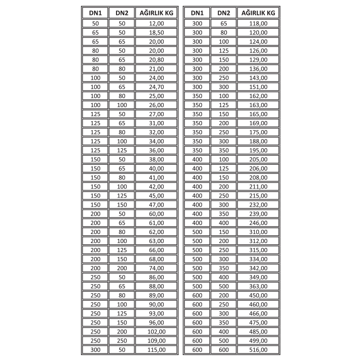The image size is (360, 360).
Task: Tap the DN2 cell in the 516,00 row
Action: [x=224, y=350]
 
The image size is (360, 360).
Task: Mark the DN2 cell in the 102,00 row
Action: [x=122, y=332]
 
